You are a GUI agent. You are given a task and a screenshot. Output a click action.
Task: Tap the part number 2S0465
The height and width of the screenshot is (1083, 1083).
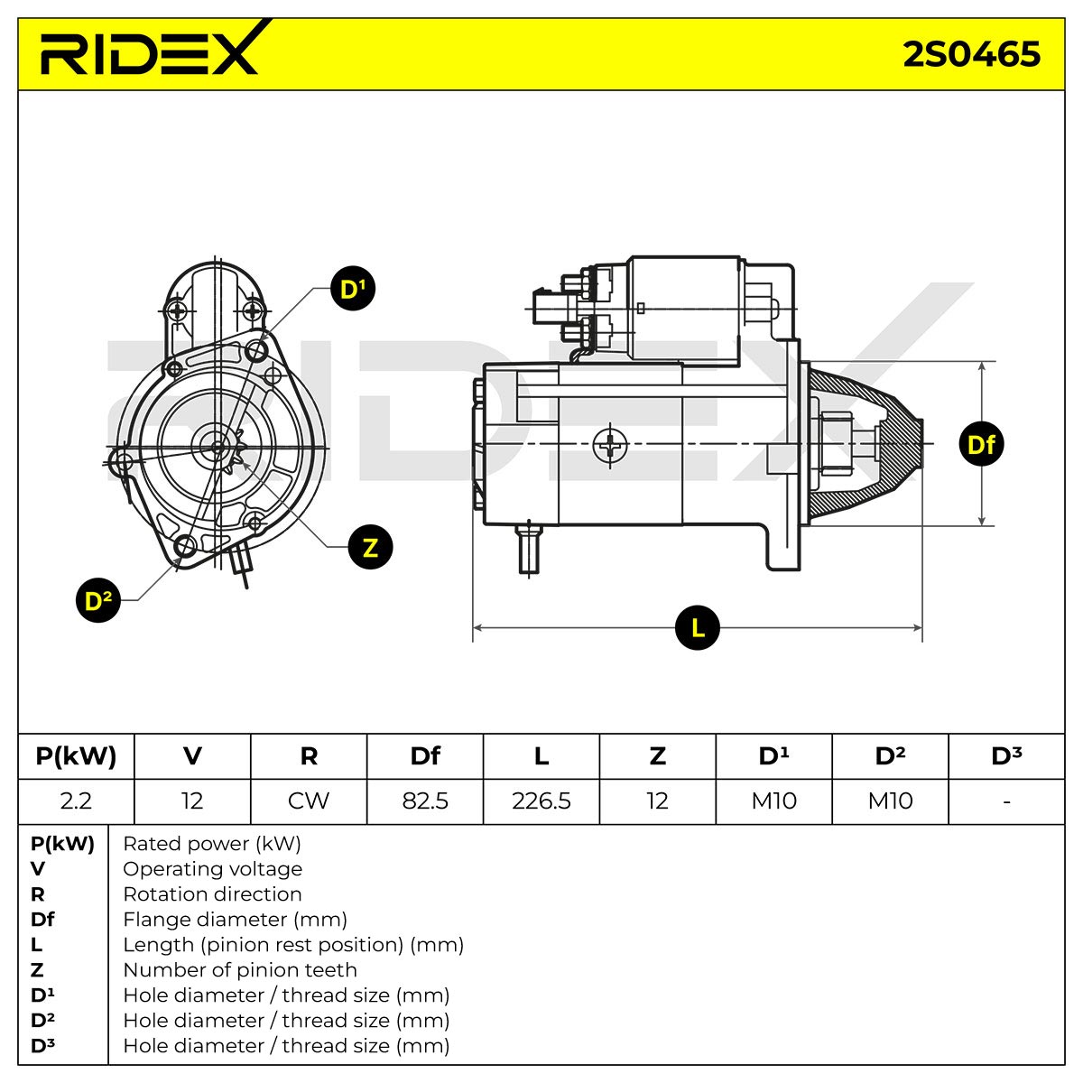(971, 54)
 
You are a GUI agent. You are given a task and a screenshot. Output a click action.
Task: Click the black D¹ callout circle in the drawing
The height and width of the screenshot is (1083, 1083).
(352, 288)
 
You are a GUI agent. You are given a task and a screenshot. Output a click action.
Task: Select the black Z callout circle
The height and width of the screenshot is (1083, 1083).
(370, 547)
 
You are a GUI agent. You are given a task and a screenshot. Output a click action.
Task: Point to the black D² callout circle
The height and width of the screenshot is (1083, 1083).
(98, 599)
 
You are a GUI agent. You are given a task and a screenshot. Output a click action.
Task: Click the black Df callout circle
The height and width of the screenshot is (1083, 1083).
(981, 444)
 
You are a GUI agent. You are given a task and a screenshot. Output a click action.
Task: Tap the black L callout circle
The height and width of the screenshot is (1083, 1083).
(697, 627)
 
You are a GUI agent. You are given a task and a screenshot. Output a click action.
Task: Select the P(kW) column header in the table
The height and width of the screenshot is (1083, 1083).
(76, 756)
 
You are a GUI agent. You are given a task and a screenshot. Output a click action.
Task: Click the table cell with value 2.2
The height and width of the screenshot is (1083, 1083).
(76, 801)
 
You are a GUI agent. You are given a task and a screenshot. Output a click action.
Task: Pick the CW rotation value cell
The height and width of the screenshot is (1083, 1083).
(309, 801)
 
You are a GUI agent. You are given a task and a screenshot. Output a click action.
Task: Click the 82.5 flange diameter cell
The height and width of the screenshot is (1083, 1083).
(425, 801)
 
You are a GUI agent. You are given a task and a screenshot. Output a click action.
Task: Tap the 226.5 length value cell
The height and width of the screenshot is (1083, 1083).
(541, 801)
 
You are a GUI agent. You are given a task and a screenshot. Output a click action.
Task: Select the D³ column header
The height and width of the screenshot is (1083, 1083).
(1006, 756)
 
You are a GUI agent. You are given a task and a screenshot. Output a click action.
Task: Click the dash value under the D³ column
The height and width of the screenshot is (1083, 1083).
(1006, 801)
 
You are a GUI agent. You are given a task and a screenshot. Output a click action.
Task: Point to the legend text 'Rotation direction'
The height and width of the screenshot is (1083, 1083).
(212, 894)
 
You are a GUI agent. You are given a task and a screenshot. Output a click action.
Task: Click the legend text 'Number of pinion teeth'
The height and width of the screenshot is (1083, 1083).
(240, 970)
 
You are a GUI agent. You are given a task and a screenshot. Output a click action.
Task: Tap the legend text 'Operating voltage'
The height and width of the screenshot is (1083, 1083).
(212, 869)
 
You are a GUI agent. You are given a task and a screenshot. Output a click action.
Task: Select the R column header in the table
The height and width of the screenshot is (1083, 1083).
(309, 756)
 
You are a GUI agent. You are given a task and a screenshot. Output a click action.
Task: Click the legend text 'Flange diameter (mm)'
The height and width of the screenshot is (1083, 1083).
(235, 920)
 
